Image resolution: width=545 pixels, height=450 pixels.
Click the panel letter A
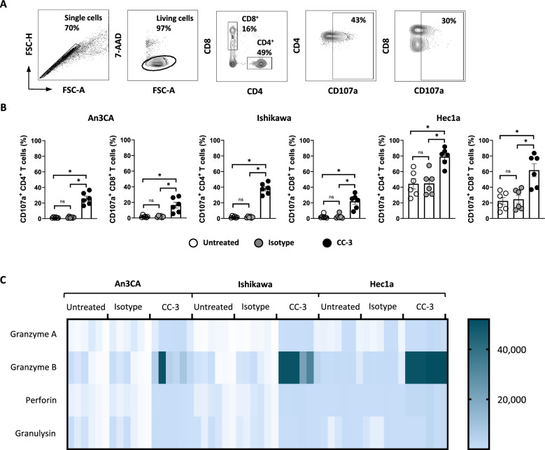click(6, 6)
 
